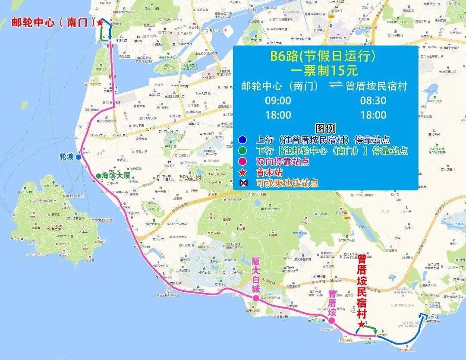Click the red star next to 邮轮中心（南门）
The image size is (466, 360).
[x=100, y=22]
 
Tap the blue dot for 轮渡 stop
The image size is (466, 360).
[x=79, y=157]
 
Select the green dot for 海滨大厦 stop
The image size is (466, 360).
[x=99, y=176]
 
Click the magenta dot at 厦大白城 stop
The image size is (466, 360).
[x=255, y=298]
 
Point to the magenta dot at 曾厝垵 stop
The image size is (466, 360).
[x=331, y=321]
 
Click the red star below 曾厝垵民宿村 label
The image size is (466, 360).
[x=361, y=324]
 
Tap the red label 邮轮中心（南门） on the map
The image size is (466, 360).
[x=53, y=22]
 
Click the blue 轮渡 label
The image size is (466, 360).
[x=66, y=157]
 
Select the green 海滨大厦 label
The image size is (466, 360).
[x=116, y=176]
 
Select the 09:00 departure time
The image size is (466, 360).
[x=278, y=101]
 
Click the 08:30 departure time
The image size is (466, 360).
[x=373, y=101]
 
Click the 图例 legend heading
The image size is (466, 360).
[x=325, y=128]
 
